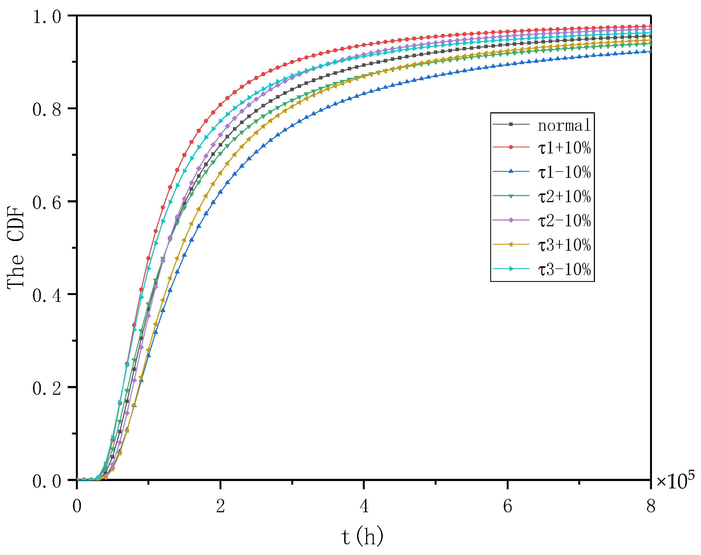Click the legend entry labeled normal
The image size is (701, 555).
(564, 125)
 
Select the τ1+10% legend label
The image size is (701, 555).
(564, 148)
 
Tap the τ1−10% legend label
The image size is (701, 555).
(564, 172)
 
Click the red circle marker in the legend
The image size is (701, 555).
(511, 147)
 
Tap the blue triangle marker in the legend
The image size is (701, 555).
(511, 171)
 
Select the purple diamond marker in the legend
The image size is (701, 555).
(511, 220)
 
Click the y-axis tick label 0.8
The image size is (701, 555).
(47, 110)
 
